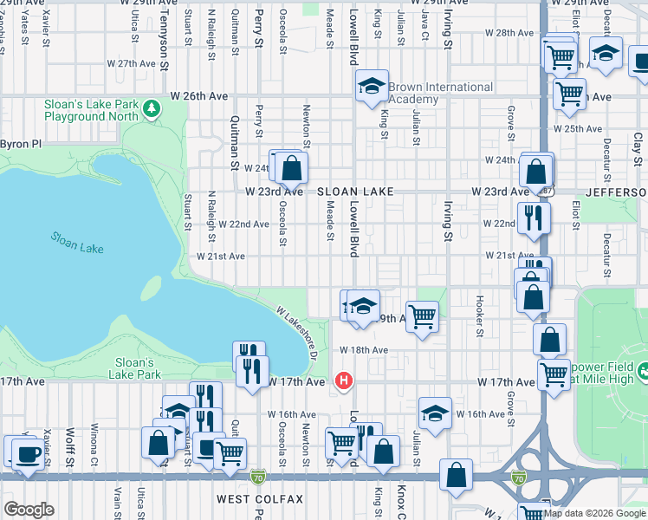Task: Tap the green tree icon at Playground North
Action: pyautogui.click(x=152, y=108)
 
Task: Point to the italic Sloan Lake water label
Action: pyautogui.click(x=76, y=243)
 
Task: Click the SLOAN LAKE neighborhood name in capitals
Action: pyautogui.click(x=355, y=192)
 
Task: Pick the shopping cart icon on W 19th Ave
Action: pyautogui.click(x=422, y=316)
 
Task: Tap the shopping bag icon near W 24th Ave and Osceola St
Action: pyautogui.click(x=292, y=167)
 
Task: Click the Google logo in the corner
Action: pyautogui.click(x=29, y=510)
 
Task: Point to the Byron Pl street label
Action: pyautogui.click(x=21, y=144)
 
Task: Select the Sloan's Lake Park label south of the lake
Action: pyautogui.click(x=135, y=368)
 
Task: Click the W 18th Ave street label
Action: pyautogui.click(x=364, y=349)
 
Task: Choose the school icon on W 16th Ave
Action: pyautogui.click(x=435, y=413)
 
